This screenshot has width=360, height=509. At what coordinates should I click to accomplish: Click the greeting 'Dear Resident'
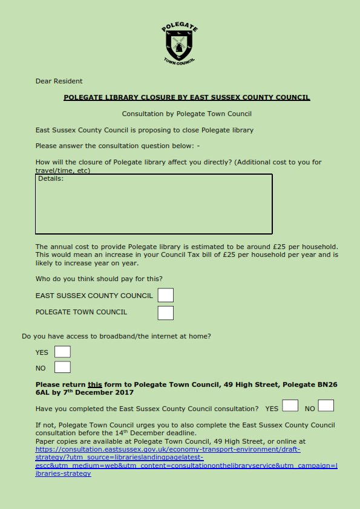click(59, 81)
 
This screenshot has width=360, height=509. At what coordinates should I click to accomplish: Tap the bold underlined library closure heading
click(186, 97)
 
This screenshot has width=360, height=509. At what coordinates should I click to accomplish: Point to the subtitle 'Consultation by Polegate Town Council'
click(186, 114)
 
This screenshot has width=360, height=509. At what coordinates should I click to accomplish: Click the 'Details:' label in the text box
click(51, 179)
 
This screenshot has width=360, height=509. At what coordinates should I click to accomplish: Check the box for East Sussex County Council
click(165, 295)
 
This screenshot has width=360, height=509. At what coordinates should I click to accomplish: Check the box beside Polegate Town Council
click(165, 313)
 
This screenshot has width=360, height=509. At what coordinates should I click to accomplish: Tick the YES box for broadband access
click(62, 352)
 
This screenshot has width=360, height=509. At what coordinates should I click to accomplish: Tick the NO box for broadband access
click(62, 367)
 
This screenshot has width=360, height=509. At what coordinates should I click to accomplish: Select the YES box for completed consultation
click(290, 406)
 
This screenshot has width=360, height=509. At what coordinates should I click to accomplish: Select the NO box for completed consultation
click(326, 406)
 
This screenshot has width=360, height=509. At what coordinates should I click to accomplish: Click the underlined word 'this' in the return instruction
click(94, 384)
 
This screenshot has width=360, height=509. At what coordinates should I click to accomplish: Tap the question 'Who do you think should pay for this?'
click(99, 279)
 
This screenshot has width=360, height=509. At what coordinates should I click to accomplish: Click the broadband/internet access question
click(116, 336)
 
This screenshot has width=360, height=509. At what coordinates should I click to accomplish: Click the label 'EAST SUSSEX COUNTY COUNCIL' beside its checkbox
click(94, 296)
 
